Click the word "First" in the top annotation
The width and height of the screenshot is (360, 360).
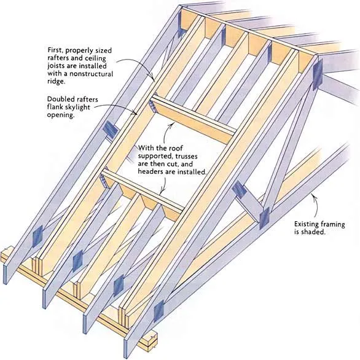pyautogui.click(x=55, y=50)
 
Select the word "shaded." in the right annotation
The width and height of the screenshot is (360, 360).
pyautogui.click(x=314, y=232)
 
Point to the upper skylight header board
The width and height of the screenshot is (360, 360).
pyautogui.click(x=194, y=120)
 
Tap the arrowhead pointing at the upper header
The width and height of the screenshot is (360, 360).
pyautogui.click(x=172, y=124)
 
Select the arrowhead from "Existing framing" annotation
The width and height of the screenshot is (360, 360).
pyautogui.click(x=313, y=195)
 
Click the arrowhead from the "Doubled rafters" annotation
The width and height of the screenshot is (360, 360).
pyautogui.click(x=135, y=113)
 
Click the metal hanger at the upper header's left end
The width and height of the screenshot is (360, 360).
pyautogui.click(x=152, y=106)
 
